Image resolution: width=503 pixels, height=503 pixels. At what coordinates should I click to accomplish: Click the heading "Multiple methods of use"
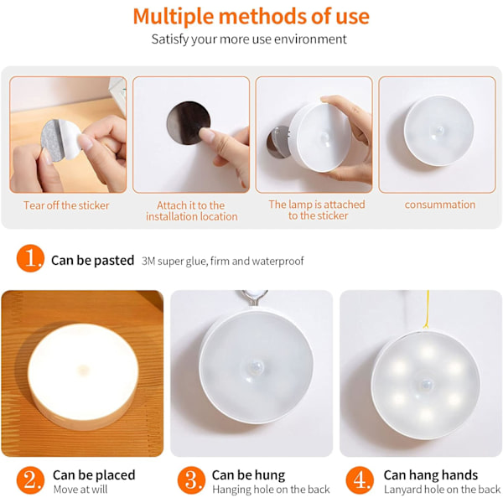[251, 17]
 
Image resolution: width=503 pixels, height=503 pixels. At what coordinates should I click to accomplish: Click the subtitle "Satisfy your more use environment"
[249, 39]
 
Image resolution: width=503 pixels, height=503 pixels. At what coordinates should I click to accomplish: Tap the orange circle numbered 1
[30, 258]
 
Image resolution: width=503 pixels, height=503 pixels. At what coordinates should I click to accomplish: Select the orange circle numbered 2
[30, 480]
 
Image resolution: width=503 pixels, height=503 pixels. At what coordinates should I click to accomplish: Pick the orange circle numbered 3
[191, 480]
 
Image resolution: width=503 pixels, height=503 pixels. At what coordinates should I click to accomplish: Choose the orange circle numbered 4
[360, 480]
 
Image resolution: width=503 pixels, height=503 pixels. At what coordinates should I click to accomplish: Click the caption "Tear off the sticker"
[66, 205]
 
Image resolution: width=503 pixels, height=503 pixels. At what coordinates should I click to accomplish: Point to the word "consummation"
[440, 205]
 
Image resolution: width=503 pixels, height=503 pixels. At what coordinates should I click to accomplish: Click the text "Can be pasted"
[92, 260]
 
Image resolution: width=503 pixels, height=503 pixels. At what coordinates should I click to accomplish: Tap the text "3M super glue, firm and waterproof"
[223, 261]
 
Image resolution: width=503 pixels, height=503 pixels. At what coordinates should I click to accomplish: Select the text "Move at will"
[80, 490]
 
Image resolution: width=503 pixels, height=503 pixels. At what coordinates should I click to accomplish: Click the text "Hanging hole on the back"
[271, 490]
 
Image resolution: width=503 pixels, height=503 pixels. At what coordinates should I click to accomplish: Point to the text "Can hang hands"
[431, 474]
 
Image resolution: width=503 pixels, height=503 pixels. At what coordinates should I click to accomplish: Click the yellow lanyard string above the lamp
[427, 309]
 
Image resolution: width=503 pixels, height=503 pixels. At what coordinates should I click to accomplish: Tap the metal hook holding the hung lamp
[253, 298]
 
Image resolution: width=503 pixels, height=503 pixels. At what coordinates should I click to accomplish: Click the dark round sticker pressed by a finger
[189, 123]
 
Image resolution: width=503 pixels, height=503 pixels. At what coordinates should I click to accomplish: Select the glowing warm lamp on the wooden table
[83, 376]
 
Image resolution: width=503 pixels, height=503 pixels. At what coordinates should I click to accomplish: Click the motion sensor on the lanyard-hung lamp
[426, 384]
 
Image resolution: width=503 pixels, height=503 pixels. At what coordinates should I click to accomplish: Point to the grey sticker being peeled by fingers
[60, 140]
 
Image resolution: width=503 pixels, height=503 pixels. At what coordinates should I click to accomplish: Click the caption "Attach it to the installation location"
[191, 210]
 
